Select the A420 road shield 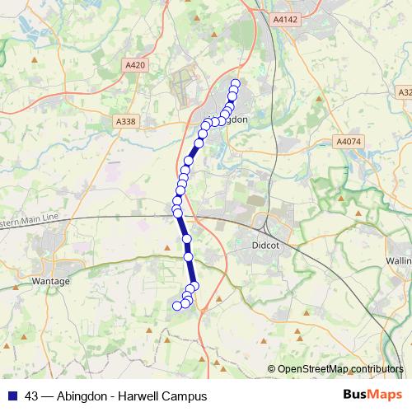pos(133,63)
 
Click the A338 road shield pos(125,121)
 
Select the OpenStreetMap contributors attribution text pos(340,368)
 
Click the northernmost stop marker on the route pos(235,83)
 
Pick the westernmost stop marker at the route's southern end pos(176,306)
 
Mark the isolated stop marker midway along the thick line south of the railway pos(186,238)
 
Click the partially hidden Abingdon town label pos(237,119)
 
